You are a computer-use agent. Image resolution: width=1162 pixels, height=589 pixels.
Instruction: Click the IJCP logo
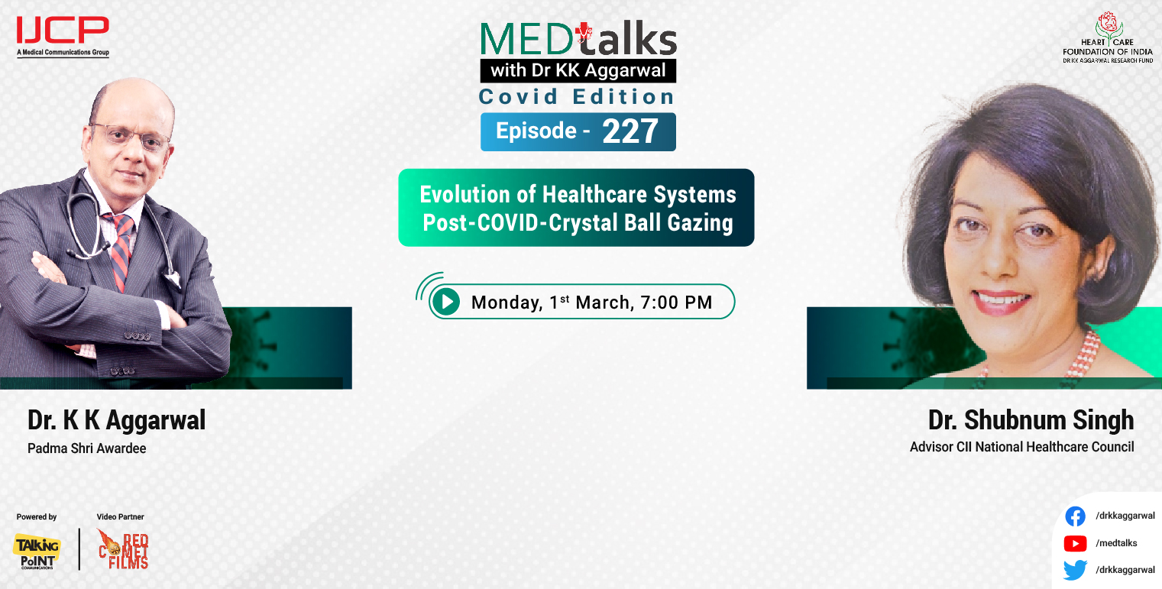coord(63,32)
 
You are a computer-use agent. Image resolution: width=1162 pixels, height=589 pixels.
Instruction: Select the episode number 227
coord(630,131)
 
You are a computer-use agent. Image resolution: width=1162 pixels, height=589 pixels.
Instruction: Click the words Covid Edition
coord(577,97)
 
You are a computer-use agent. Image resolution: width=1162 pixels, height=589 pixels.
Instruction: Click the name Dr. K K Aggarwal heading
coord(116,420)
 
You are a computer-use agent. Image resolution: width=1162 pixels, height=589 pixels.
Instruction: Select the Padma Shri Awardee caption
coord(86,448)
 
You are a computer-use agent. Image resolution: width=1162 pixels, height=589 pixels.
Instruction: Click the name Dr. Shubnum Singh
coord(1031,420)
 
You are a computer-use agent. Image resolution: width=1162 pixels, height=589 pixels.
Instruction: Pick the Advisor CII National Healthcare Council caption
coord(1021,447)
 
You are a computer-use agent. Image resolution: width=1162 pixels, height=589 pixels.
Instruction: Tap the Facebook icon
coord(1075,516)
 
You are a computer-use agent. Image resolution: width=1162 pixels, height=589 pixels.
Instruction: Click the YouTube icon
coord(1075,543)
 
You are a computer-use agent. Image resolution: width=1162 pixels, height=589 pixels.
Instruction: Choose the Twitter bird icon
coord(1075,570)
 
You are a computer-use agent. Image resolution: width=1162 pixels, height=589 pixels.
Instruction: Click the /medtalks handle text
coord(1116,543)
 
